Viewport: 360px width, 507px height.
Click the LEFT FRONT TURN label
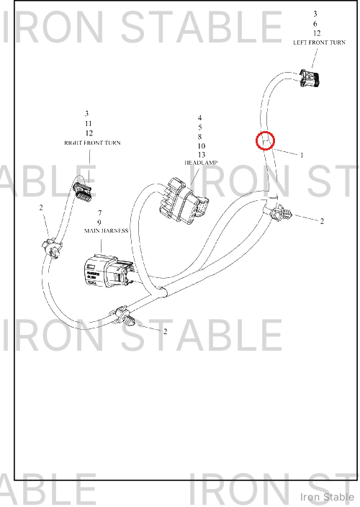coord(319,42)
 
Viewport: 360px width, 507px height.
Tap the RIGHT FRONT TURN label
coord(92,143)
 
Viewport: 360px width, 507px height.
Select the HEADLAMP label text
coord(201,163)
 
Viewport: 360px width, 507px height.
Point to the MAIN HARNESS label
coord(107,230)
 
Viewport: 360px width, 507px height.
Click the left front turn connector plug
coord(310,78)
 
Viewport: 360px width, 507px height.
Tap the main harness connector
coord(108,271)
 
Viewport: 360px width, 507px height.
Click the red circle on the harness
coord(265,141)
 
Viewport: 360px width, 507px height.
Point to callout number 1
coord(302,156)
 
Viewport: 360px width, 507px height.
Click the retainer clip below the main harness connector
coord(124,317)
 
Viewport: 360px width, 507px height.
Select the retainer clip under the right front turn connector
coord(52,248)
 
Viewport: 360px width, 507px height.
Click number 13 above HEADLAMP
coord(202,155)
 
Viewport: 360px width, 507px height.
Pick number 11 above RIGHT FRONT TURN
coord(89,124)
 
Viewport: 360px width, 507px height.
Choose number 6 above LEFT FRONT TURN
coord(315,24)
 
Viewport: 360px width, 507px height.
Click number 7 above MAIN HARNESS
coord(100,212)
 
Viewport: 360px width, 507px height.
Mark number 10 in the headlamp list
coord(202,145)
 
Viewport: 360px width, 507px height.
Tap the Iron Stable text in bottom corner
coord(327,497)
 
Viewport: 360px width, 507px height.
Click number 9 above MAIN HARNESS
coord(99,222)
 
